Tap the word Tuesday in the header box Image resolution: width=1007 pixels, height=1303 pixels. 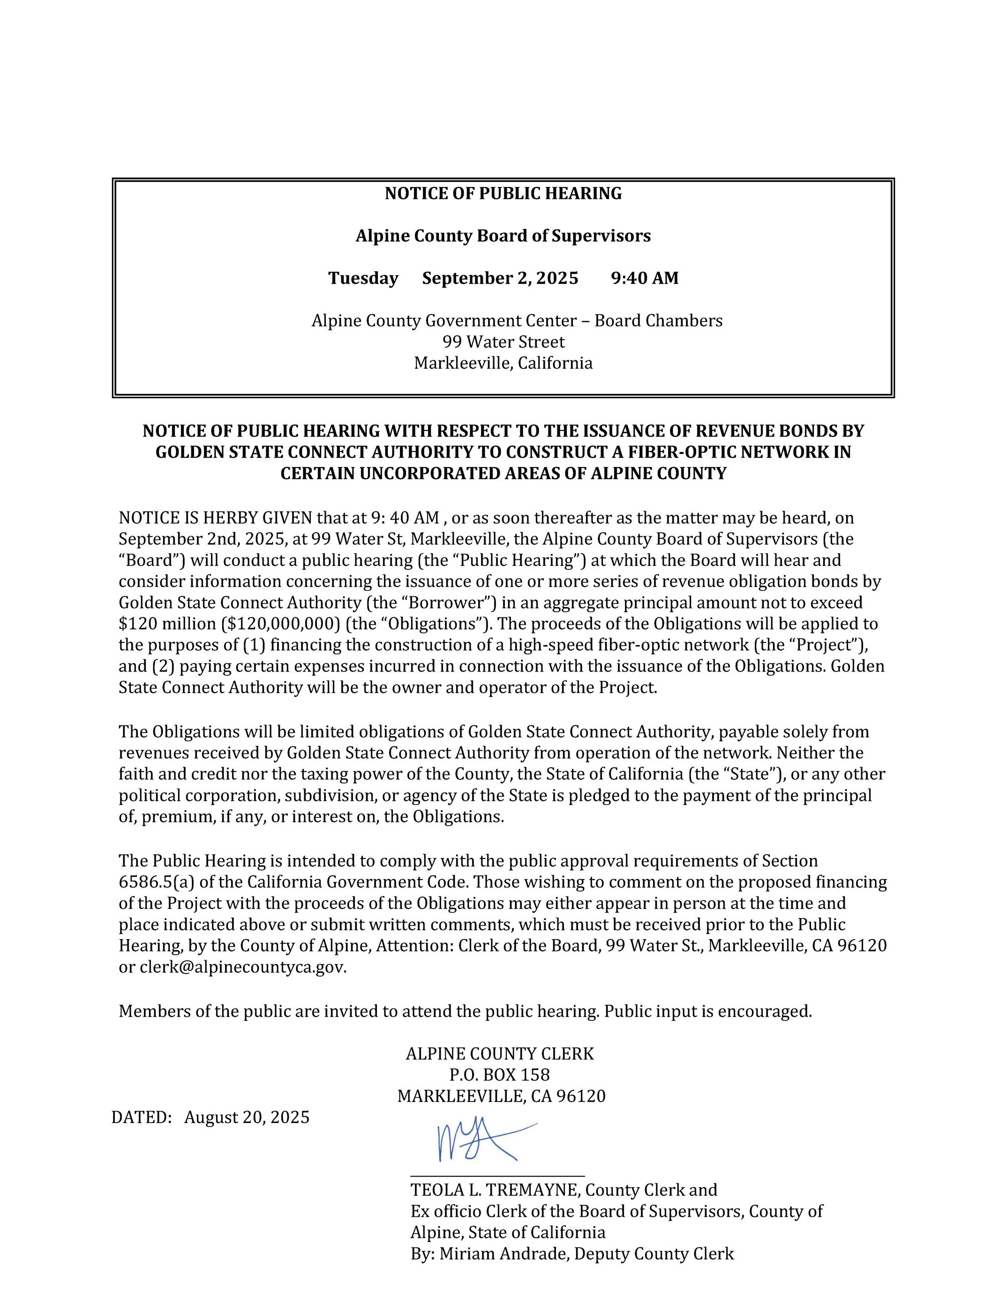click(x=363, y=279)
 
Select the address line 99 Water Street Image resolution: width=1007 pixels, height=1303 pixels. click(x=503, y=342)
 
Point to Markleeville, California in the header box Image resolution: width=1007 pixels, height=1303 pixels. click(x=503, y=363)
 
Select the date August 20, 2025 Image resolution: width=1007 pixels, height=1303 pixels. click(x=247, y=1117)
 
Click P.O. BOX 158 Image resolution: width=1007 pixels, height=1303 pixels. click(x=499, y=1074)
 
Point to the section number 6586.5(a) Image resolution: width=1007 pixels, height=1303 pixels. click(x=156, y=882)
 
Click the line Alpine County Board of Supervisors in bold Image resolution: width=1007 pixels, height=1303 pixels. click(x=503, y=236)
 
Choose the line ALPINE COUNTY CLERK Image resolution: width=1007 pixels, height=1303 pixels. click(x=500, y=1053)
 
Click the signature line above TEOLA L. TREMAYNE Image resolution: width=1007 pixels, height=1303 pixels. click(x=497, y=1176)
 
